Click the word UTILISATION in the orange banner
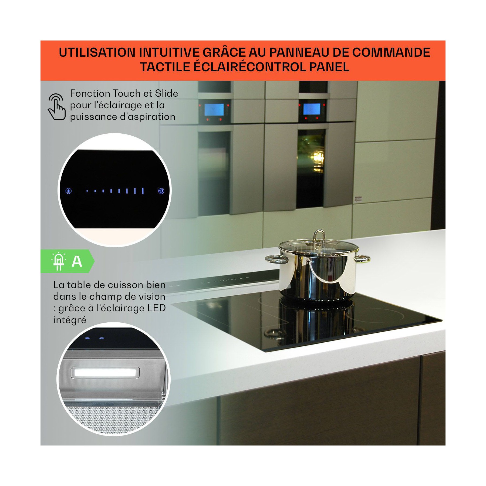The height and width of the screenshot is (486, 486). pyautogui.click(x=97, y=52)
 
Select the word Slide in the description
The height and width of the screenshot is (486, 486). pyautogui.click(x=166, y=93)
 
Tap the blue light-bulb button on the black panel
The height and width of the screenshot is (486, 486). pyautogui.click(x=69, y=191)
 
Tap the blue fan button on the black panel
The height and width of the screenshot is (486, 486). pyautogui.click(x=161, y=191)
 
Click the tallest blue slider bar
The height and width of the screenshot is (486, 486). pyautogui.click(x=143, y=191)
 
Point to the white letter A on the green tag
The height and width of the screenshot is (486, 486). pyautogui.click(x=77, y=261)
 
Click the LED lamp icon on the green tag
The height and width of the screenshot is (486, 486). pyautogui.click(x=59, y=261)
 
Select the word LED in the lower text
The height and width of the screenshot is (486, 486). pyautogui.click(x=156, y=308)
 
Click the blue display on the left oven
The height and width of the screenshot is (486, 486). pyautogui.click(x=214, y=110)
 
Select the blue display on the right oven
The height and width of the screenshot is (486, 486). pyautogui.click(x=312, y=109)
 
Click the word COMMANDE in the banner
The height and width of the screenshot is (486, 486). pyautogui.click(x=391, y=52)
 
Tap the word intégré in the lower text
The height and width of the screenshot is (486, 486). pyautogui.click(x=70, y=320)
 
